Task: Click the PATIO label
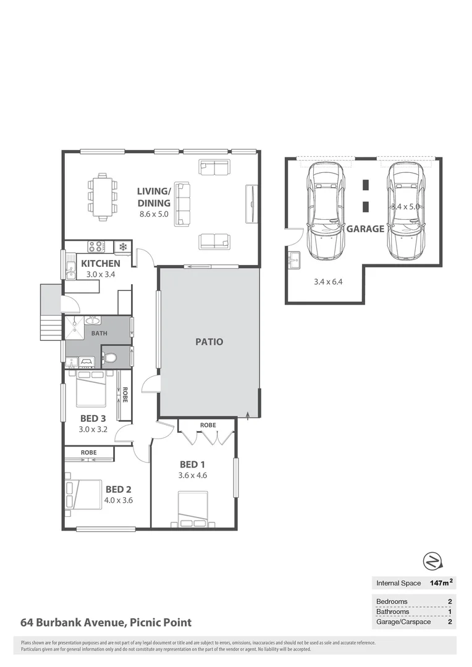click(209, 342)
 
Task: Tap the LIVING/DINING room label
click(153, 197)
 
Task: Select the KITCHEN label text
click(101, 264)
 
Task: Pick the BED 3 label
click(93, 418)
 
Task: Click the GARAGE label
click(365, 229)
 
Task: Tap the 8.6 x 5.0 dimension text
click(154, 214)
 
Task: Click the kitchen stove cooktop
click(96, 247)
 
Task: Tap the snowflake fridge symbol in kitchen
click(122, 247)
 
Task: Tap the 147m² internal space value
click(441, 582)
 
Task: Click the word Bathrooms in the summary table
click(392, 611)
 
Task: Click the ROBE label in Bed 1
click(208, 426)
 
